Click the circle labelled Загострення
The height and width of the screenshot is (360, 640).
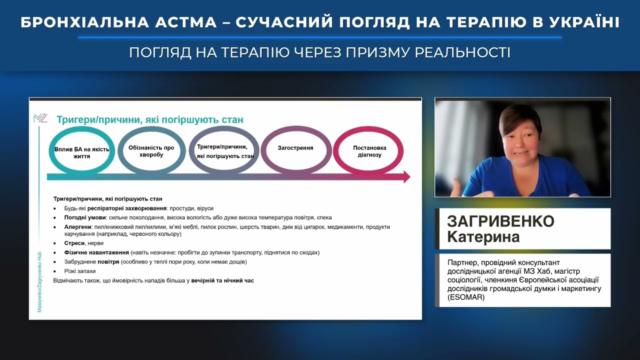(x=296, y=148)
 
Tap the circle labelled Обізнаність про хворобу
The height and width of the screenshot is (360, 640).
(x=151, y=151)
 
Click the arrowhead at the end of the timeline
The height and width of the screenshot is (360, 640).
(x=406, y=176)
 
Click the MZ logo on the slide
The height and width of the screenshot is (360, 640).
(x=40, y=118)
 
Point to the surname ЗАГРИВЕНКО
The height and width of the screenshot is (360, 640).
(x=500, y=221)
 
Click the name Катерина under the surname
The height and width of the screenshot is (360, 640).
(x=483, y=236)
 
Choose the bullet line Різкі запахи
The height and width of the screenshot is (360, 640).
(x=79, y=271)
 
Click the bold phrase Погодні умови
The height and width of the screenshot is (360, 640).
(x=84, y=217)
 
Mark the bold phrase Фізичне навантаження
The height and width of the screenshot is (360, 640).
(x=96, y=252)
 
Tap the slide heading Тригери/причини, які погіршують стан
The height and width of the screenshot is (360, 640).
(x=149, y=120)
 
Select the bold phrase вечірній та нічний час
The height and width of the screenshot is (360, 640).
(x=222, y=280)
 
